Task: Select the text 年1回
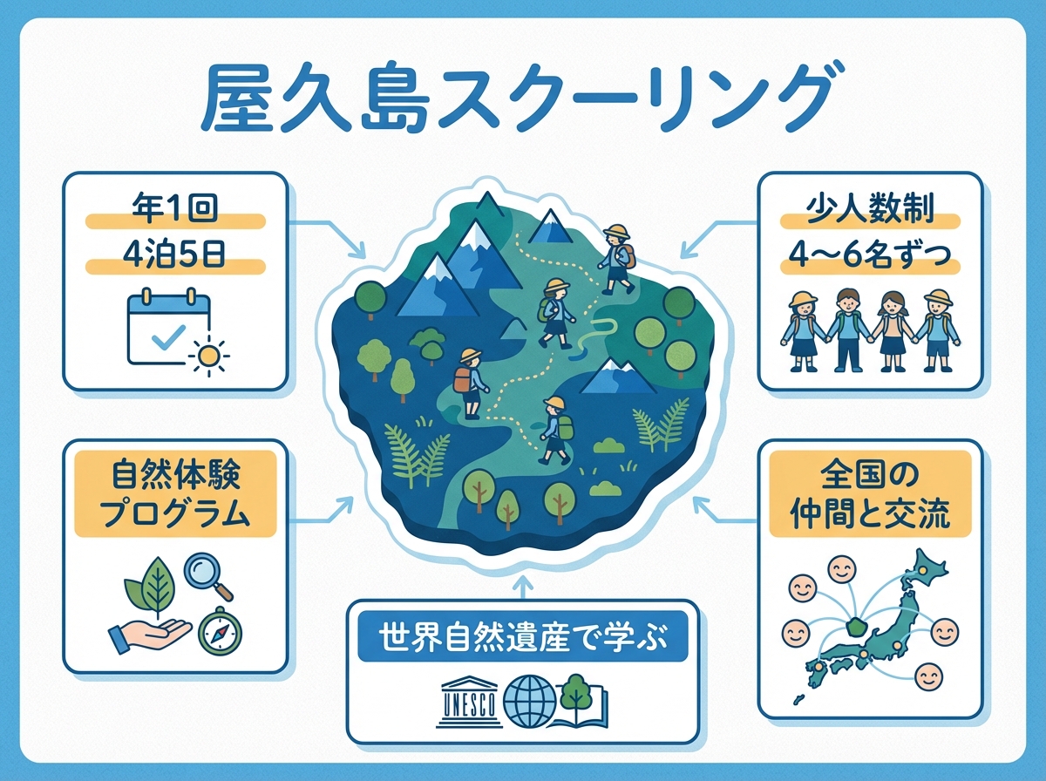click(x=174, y=212)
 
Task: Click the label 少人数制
click(x=872, y=212)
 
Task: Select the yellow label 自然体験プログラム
click(x=175, y=494)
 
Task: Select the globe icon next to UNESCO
click(x=530, y=699)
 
